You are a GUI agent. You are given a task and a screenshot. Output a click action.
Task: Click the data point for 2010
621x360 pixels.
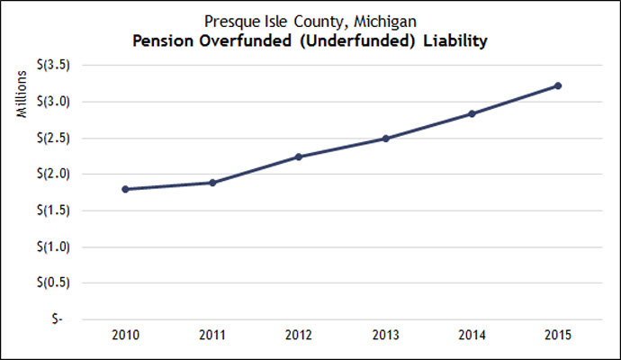[x=125, y=189]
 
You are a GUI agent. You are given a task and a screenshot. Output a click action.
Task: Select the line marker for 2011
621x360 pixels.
[x=212, y=183]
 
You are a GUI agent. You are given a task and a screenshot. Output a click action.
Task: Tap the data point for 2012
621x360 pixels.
[x=299, y=157]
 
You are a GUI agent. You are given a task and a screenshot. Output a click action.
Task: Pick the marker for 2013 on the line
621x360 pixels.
[x=385, y=139]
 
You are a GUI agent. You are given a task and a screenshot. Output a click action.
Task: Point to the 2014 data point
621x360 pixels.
[x=472, y=113]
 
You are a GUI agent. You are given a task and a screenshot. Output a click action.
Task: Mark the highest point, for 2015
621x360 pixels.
[x=558, y=85]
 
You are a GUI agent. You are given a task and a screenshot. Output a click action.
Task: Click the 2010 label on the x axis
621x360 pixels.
[x=125, y=336]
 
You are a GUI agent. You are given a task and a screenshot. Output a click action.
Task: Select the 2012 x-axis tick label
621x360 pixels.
[x=299, y=336]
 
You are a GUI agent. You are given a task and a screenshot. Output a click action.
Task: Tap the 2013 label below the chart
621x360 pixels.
[x=385, y=336]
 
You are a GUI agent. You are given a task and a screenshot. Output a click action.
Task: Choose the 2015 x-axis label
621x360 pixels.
[x=558, y=336]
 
